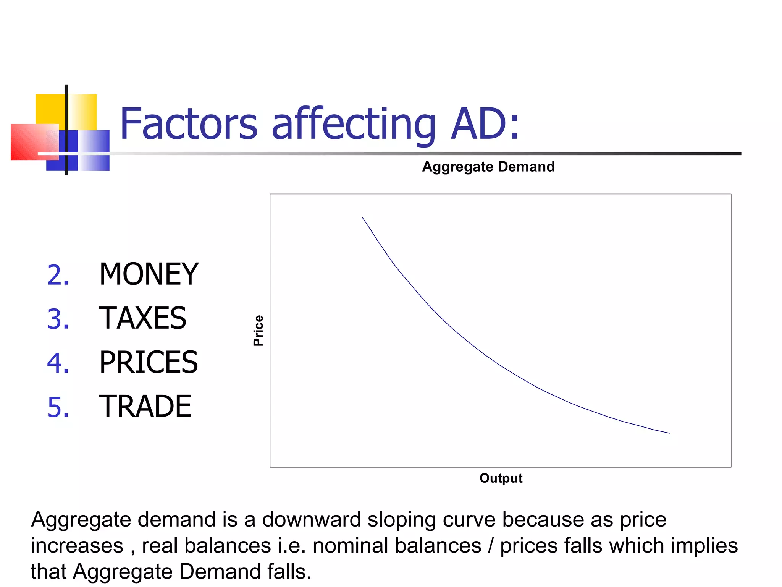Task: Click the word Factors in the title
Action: pyautogui.click(x=189, y=124)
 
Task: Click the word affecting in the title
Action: pyautogui.click(x=353, y=124)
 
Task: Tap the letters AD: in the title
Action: pyautogui.click(x=485, y=124)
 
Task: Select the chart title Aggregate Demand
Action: pyautogui.click(x=488, y=167)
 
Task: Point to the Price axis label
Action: pyautogui.click(x=259, y=331)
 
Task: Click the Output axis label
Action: pyautogui.click(x=501, y=478)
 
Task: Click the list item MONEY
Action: pyautogui.click(x=149, y=274)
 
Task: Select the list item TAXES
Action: pyautogui.click(x=143, y=318)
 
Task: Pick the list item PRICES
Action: pyautogui.click(x=149, y=362)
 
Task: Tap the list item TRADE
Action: pyautogui.click(x=145, y=406)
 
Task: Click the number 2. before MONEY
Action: pyautogui.click(x=58, y=275)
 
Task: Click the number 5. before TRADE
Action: pyautogui.click(x=58, y=407)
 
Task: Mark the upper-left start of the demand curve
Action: pyautogui.click(x=363, y=218)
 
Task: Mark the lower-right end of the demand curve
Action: pyautogui.click(x=669, y=433)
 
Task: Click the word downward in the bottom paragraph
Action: pyautogui.click(x=311, y=520)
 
